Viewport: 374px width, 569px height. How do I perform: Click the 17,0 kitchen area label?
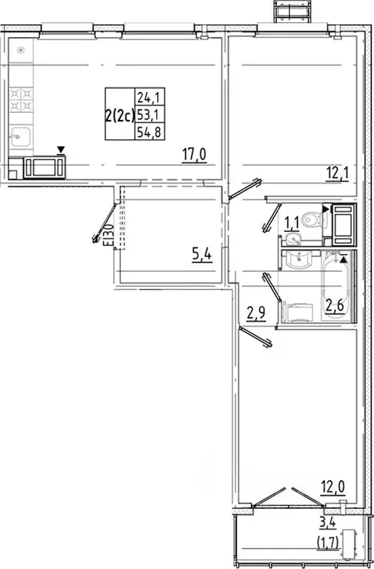click(x=195, y=155)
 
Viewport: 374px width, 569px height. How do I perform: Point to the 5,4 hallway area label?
click(x=201, y=256)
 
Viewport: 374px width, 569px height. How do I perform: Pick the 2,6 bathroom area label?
click(x=335, y=305)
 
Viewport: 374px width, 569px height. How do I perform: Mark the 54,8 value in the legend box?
click(x=148, y=132)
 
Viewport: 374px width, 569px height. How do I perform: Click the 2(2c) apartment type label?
click(x=118, y=114)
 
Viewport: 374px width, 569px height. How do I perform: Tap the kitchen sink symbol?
click(x=20, y=138)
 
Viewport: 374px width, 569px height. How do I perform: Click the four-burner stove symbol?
click(x=21, y=101)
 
